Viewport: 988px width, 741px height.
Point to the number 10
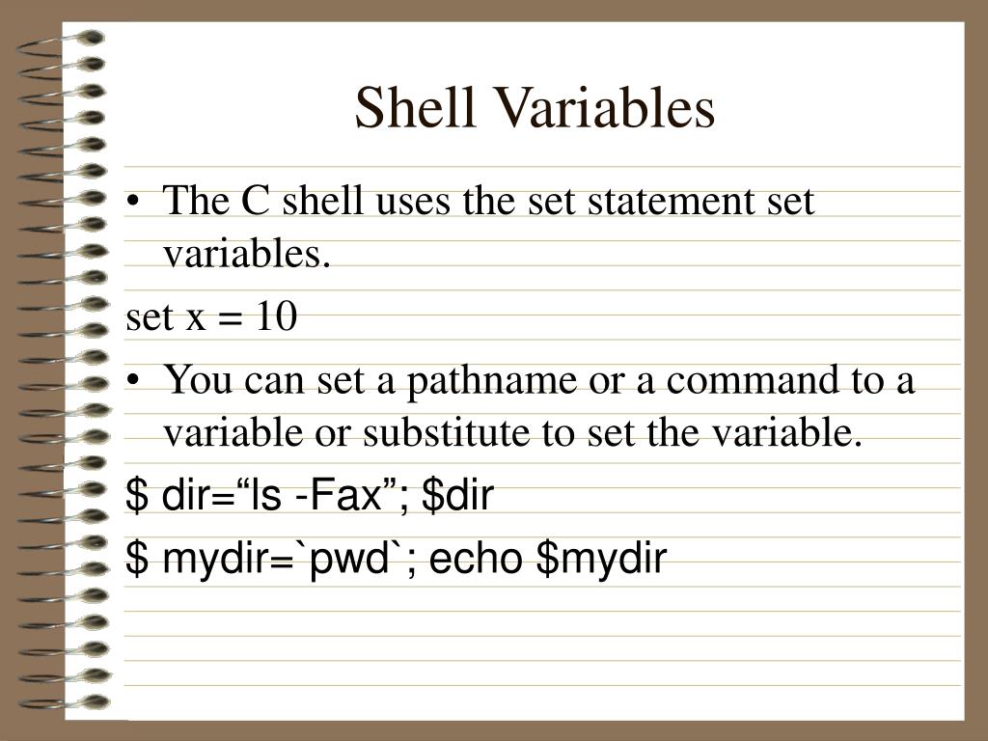point(277,316)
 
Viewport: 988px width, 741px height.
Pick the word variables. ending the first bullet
point(246,256)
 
